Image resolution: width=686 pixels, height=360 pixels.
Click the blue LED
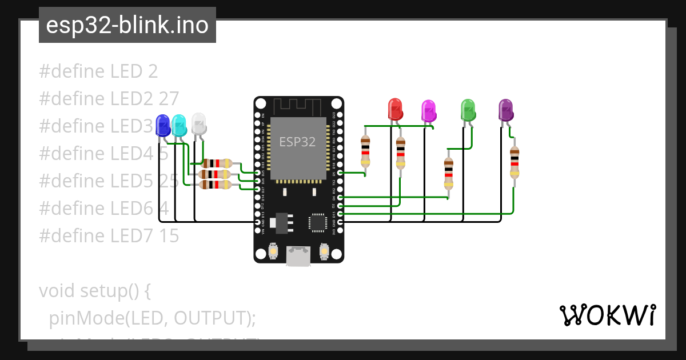pos(163,125)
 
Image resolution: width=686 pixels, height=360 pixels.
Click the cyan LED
pos(179,124)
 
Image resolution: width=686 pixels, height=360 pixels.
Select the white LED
pos(198,122)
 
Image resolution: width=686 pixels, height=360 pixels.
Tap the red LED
pos(395,109)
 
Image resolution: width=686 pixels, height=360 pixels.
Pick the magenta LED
pos(428,110)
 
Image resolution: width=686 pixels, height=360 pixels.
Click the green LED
pos(468,109)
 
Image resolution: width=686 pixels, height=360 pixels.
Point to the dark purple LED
pos(505,109)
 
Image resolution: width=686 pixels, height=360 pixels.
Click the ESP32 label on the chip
pos(297,142)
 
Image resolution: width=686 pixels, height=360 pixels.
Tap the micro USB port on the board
pos(298,255)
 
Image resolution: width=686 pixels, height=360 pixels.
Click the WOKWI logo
pos(607,315)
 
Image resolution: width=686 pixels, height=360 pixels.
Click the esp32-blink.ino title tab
pos(127,25)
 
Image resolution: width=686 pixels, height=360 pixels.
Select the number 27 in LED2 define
pos(169,98)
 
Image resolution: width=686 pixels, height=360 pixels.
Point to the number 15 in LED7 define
pos(169,235)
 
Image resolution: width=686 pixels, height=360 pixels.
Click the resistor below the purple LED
pos(514,162)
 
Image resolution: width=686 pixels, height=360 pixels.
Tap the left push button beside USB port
pos(273,251)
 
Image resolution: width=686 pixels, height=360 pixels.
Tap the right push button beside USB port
pos(324,251)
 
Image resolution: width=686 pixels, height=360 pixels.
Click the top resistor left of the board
pos(217,163)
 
